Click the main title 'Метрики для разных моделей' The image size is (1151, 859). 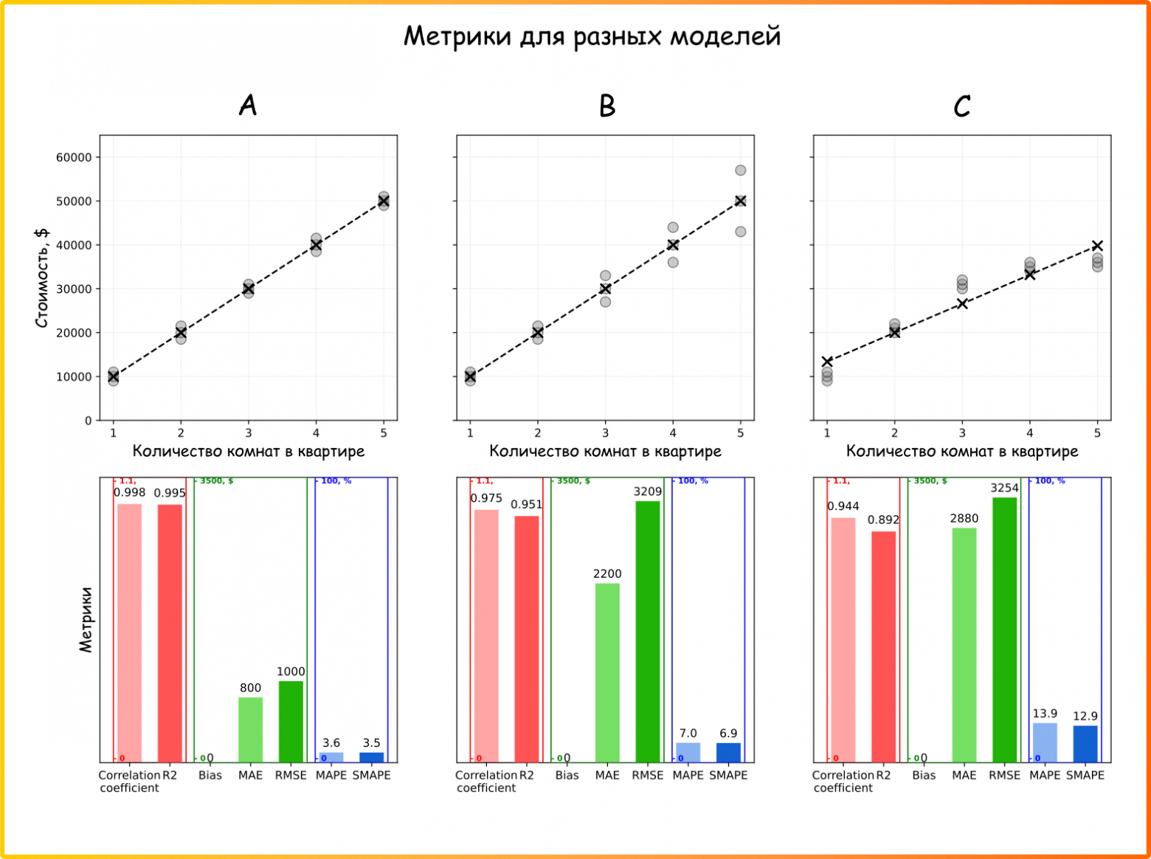[x=592, y=36]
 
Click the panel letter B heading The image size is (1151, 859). [x=606, y=106]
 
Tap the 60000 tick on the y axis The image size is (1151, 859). [x=74, y=157]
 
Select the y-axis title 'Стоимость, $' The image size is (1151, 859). [x=42, y=277]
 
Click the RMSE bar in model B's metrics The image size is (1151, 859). [x=648, y=631]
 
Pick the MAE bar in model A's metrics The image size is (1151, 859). [x=250, y=729]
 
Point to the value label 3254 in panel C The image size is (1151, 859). [x=1004, y=488]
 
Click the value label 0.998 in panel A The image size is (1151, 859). [x=129, y=492]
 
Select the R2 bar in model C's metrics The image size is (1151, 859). [x=883, y=646]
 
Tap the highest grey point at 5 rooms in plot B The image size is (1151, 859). [x=740, y=170]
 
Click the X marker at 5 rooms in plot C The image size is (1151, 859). [x=1097, y=246]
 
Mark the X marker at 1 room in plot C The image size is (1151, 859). [x=827, y=362]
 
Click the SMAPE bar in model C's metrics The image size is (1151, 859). [x=1085, y=743]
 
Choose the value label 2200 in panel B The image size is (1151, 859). [x=607, y=573]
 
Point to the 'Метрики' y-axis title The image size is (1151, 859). [x=86, y=620]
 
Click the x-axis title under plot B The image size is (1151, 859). [x=605, y=451]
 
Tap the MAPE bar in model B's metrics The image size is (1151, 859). [x=688, y=752]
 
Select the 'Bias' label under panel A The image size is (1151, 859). [x=210, y=775]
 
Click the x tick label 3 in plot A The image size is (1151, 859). [x=249, y=433]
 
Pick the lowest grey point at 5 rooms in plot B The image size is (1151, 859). [x=740, y=232]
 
